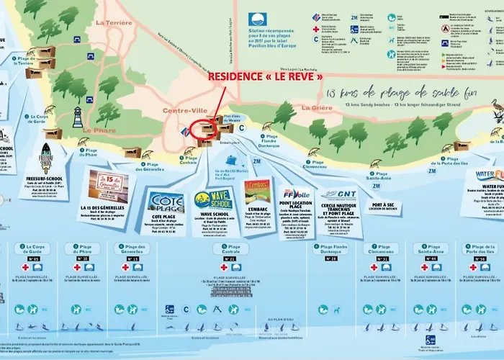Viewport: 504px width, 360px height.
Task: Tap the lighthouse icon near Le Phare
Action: [x=78, y=117]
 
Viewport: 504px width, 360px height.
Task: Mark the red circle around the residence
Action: [x=205, y=128]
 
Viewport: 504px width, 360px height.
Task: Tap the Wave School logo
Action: [x=212, y=199]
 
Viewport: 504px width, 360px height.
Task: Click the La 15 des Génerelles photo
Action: [x=104, y=184]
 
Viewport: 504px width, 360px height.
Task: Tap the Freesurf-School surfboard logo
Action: [x=46, y=158]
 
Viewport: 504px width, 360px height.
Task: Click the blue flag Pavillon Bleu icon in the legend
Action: [x=258, y=20]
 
